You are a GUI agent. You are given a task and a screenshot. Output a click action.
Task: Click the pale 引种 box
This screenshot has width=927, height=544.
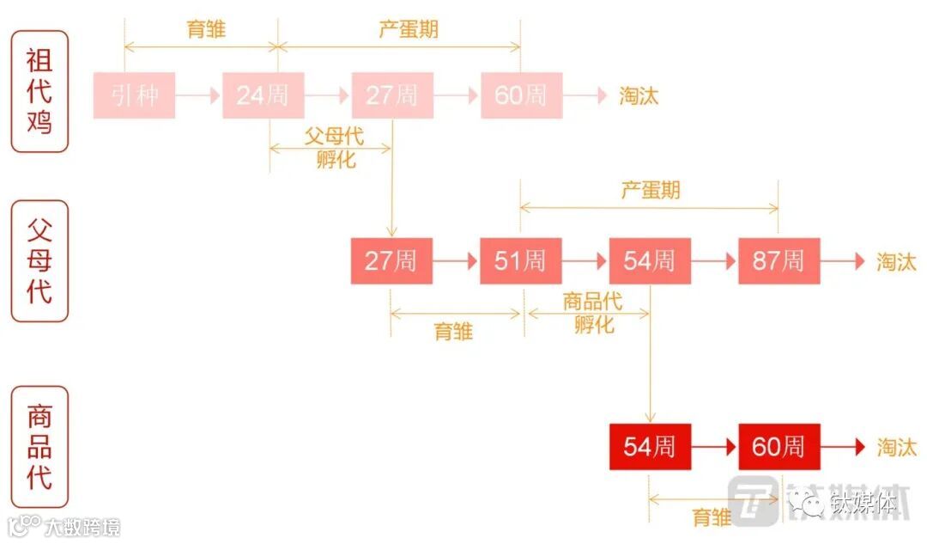(134, 95)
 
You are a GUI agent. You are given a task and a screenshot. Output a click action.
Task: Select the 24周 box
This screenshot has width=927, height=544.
(263, 95)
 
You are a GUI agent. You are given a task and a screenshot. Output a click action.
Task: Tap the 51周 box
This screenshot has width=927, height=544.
(520, 261)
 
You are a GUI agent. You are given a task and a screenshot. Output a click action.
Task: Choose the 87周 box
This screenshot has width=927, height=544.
(779, 261)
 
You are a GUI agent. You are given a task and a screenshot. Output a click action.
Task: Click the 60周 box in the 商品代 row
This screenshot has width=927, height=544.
(779, 447)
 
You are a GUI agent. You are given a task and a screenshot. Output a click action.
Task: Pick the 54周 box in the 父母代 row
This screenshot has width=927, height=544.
(650, 261)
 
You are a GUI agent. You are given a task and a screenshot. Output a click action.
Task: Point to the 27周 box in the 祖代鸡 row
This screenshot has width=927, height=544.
(392, 95)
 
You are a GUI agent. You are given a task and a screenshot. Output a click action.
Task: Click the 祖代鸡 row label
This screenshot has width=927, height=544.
(39, 91)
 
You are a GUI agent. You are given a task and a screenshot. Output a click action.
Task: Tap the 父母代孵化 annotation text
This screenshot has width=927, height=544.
(333, 147)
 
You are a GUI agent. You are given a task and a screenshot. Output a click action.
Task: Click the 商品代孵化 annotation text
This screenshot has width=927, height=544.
(593, 313)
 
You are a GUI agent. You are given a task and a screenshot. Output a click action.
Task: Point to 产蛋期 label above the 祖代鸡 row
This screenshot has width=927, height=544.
(409, 28)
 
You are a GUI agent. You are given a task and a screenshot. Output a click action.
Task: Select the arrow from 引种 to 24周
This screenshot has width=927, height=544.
(199, 95)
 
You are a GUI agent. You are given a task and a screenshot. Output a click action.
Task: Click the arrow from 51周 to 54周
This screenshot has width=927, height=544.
(585, 261)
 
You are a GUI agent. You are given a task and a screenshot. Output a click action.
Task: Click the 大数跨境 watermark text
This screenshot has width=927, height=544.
(82, 526)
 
